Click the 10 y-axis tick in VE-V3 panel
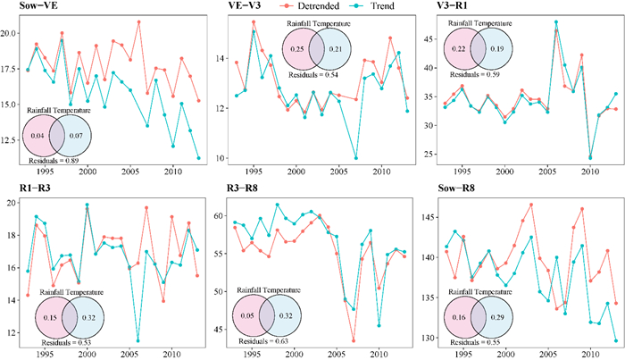[223, 158]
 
